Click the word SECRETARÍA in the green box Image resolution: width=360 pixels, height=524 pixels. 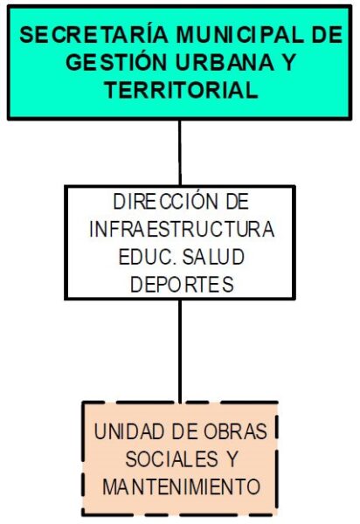[x=93, y=34]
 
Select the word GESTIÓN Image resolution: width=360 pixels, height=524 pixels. [x=116, y=62]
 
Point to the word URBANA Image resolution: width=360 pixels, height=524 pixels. [x=225, y=63]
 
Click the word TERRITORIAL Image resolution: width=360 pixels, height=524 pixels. [x=182, y=90]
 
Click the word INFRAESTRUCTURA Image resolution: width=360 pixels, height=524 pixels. [x=182, y=229]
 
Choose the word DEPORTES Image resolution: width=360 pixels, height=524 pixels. [x=182, y=285]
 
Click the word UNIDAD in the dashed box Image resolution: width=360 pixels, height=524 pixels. [x=131, y=431]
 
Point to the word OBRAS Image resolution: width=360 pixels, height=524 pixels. [x=235, y=431]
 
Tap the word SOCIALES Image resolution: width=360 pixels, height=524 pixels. [x=172, y=459]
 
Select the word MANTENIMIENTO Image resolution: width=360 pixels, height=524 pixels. [x=181, y=486]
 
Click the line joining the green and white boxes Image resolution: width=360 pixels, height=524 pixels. [x=180, y=152]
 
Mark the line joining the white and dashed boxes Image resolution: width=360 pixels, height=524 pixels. [x=180, y=350]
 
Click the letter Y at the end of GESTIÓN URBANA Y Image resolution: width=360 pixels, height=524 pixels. [x=288, y=63]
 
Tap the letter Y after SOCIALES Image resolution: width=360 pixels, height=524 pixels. [x=232, y=459]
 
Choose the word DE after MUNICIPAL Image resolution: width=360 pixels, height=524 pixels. [x=328, y=35]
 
